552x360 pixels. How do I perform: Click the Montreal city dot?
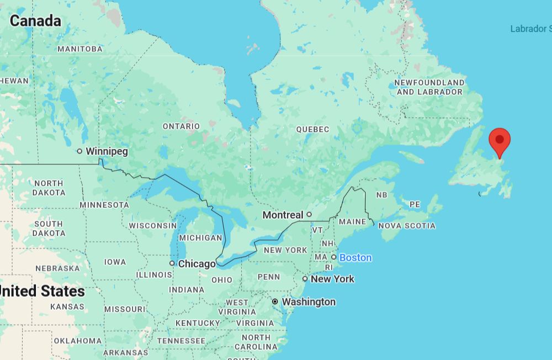point(309,214)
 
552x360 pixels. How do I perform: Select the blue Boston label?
point(355,257)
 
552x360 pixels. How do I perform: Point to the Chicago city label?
point(197,264)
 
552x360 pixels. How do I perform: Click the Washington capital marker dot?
point(275,301)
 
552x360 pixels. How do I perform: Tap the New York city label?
point(332,279)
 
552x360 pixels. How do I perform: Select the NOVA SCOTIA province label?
point(406,225)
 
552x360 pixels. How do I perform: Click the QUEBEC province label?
point(312,129)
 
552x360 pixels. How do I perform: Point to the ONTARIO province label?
point(181,126)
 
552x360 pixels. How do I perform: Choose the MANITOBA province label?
point(80,49)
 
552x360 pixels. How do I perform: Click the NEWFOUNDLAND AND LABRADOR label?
point(429,87)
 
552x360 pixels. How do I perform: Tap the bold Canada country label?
point(35,21)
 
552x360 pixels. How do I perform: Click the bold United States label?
point(42,291)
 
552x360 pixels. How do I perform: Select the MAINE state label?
point(352,221)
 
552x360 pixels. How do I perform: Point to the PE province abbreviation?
point(415,204)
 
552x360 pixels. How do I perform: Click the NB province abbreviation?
point(381,195)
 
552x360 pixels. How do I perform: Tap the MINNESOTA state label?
point(104,205)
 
